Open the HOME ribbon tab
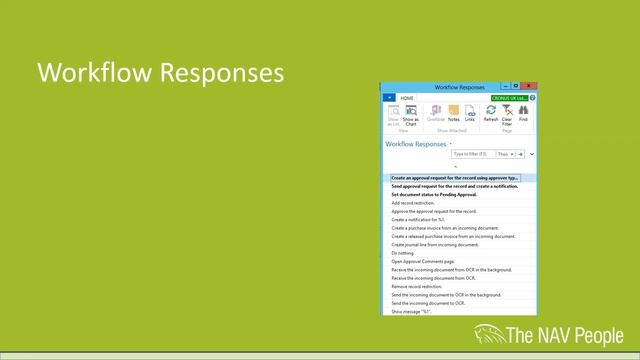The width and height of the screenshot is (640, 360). [x=407, y=98]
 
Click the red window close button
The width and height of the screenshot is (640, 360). [x=529, y=87]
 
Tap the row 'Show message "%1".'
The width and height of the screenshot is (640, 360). [x=411, y=311]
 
